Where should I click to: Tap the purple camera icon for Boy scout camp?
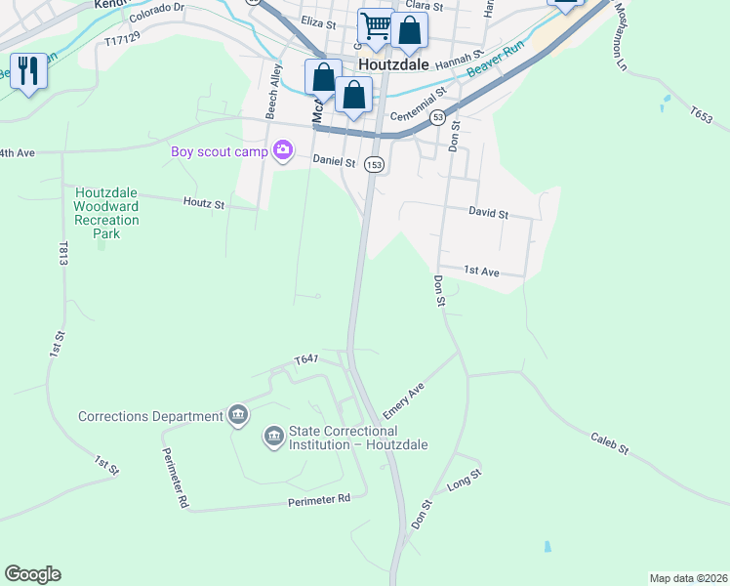pos(284,150)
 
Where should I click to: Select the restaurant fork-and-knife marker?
pos(27,70)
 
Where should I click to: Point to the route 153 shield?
pos(374,165)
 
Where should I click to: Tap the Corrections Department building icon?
pos(237,416)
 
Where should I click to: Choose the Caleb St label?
pos(610,443)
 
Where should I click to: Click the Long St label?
pos(465,480)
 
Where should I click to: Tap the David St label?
pos(488,213)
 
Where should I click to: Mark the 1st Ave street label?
pos(481,271)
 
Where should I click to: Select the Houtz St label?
pos(204,204)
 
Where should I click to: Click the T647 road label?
pos(306,360)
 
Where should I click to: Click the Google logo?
pos(32,574)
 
